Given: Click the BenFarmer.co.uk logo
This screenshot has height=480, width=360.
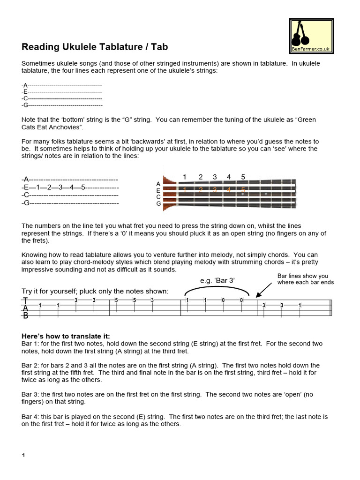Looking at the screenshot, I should (x=311, y=36).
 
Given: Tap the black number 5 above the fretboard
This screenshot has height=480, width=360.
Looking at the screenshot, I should (x=243, y=177).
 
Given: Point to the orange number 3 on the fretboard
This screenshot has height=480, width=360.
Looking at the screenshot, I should (x=215, y=190).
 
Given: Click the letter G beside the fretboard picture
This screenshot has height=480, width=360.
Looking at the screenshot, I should (x=158, y=203).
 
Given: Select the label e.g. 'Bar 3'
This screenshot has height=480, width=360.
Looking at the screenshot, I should (x=217, y=280).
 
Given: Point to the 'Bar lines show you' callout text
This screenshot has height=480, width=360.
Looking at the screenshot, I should (x=302, y=276).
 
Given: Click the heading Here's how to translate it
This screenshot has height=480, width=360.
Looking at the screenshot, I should (x=66, y=336).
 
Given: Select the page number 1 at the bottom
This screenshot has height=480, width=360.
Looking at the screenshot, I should (x=23, y=455).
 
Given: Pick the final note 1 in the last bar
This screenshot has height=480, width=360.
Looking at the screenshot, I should (x=300, y=305).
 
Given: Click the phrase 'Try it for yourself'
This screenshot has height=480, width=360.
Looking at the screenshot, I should (x=52, y=291).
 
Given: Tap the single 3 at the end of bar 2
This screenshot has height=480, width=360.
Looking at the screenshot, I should (x=152, y=300).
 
